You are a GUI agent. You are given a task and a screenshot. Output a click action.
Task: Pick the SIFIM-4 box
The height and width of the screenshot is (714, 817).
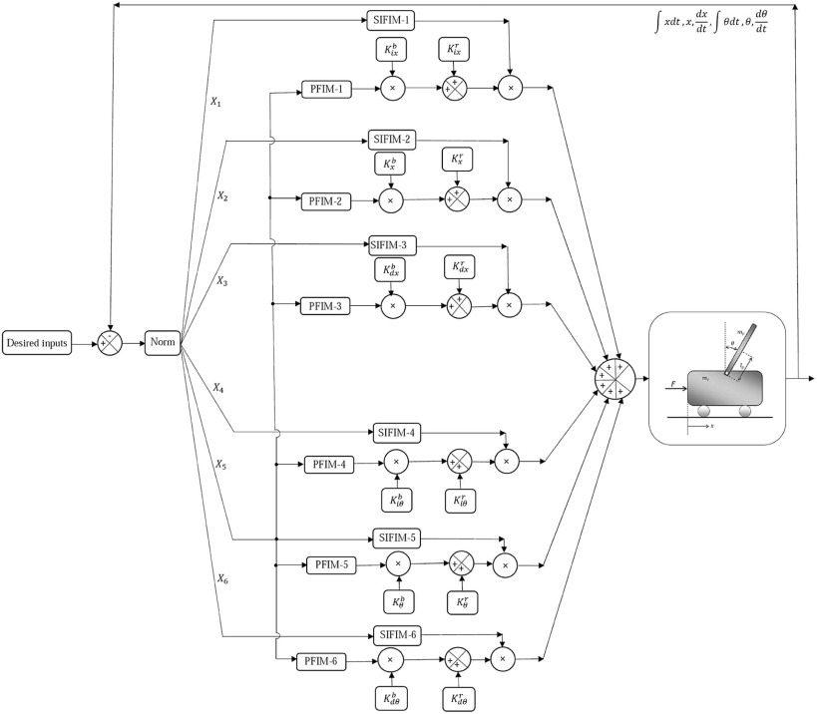click(399, 433)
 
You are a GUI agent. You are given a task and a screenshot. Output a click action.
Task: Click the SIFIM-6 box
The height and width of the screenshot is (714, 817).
click(399, 634)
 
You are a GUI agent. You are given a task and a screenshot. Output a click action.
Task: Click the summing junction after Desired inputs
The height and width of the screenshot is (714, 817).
click(109, 343)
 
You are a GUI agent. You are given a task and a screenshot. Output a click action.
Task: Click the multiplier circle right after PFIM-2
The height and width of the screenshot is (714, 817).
click(391, 200)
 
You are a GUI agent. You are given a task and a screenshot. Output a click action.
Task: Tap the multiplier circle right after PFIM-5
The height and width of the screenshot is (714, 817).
click(397, 564)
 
